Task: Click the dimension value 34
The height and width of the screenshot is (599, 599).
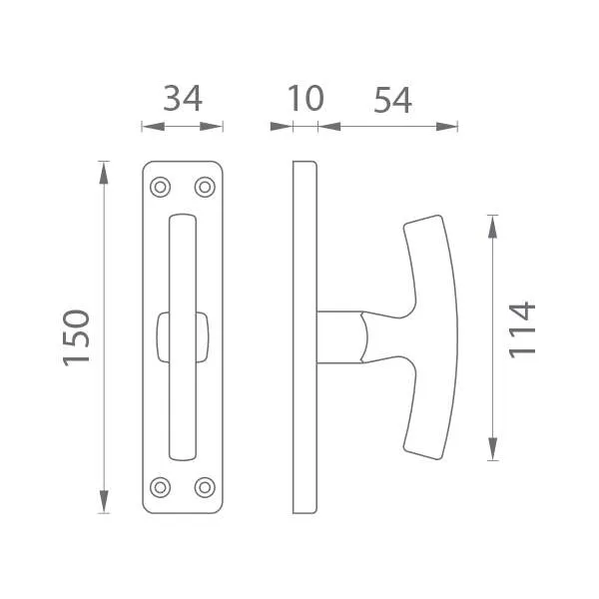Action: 183,99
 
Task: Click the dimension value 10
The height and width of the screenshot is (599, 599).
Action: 305,99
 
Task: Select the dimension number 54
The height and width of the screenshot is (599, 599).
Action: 392,100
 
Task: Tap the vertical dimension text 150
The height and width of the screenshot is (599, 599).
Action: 77,337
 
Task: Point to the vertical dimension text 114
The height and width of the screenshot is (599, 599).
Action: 522,330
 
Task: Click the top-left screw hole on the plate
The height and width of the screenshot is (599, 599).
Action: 160,188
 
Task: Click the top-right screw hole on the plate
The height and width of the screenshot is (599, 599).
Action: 205,188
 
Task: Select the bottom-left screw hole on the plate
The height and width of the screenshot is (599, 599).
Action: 160,487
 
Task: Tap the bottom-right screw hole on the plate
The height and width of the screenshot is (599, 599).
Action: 205,487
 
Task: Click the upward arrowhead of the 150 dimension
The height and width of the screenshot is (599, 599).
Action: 104,173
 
